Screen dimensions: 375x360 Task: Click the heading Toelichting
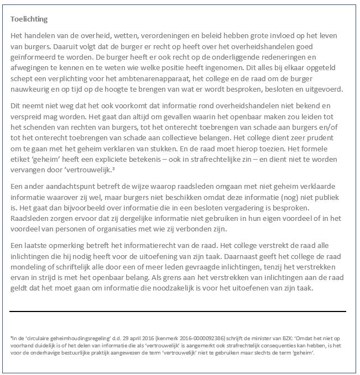point(29,19)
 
